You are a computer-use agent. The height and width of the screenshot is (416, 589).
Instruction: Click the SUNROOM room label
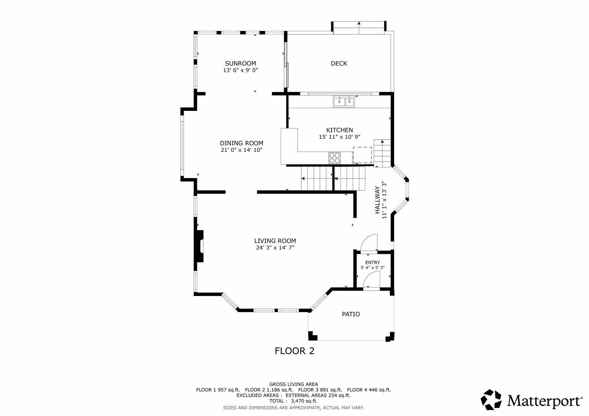coord(241,63)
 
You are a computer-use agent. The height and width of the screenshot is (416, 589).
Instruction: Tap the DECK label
coord(339,63)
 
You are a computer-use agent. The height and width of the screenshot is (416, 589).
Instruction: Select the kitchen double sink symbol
coord(344,101)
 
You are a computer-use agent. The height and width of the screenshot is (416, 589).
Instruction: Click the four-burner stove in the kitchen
coord(335,158)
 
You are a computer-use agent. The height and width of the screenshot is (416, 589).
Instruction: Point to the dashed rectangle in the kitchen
coord(362,155)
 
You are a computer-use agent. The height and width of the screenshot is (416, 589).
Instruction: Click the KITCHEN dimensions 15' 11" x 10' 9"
coord(339,137)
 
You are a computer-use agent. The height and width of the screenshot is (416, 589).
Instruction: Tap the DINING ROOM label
coord(241,143)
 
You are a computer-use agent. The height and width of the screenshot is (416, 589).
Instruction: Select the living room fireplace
coord(199,246)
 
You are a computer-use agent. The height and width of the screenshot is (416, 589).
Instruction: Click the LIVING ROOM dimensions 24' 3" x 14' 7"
coord(275,248)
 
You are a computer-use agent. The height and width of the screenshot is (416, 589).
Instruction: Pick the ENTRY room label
coord(372,263)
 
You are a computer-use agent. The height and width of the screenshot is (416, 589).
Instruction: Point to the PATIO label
coord(351,314)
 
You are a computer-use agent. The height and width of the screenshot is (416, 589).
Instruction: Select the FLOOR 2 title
coord(294,351)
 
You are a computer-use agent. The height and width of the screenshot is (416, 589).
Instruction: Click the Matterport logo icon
coord(491,399)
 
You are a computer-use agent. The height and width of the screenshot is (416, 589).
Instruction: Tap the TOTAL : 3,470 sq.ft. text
coord(293,401)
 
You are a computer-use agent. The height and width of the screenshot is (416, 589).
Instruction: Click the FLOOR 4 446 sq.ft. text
coord(369,390)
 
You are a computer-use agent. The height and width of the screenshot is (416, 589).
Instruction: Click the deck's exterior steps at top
coord(359,28)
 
